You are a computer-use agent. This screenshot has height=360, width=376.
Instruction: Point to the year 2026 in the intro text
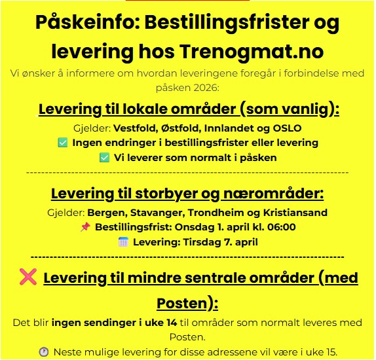click(205, 86)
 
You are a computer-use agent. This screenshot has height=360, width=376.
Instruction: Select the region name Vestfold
click(135, 128)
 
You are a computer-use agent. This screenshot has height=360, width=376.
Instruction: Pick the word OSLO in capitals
click(286, 128)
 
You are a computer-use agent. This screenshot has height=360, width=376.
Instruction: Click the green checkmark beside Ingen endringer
click(63, 143)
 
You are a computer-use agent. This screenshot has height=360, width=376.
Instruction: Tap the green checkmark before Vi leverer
click(104, 158)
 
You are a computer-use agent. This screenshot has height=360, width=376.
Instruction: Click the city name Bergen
click(105, 213)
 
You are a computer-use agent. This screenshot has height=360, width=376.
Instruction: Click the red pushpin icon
click(85, 228)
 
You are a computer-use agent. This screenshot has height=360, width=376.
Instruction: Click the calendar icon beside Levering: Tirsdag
click(123, 242)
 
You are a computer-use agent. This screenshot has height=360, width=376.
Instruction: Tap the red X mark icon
click(29, 278)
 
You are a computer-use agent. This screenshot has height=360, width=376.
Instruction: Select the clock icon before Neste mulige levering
click(44, 351)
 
